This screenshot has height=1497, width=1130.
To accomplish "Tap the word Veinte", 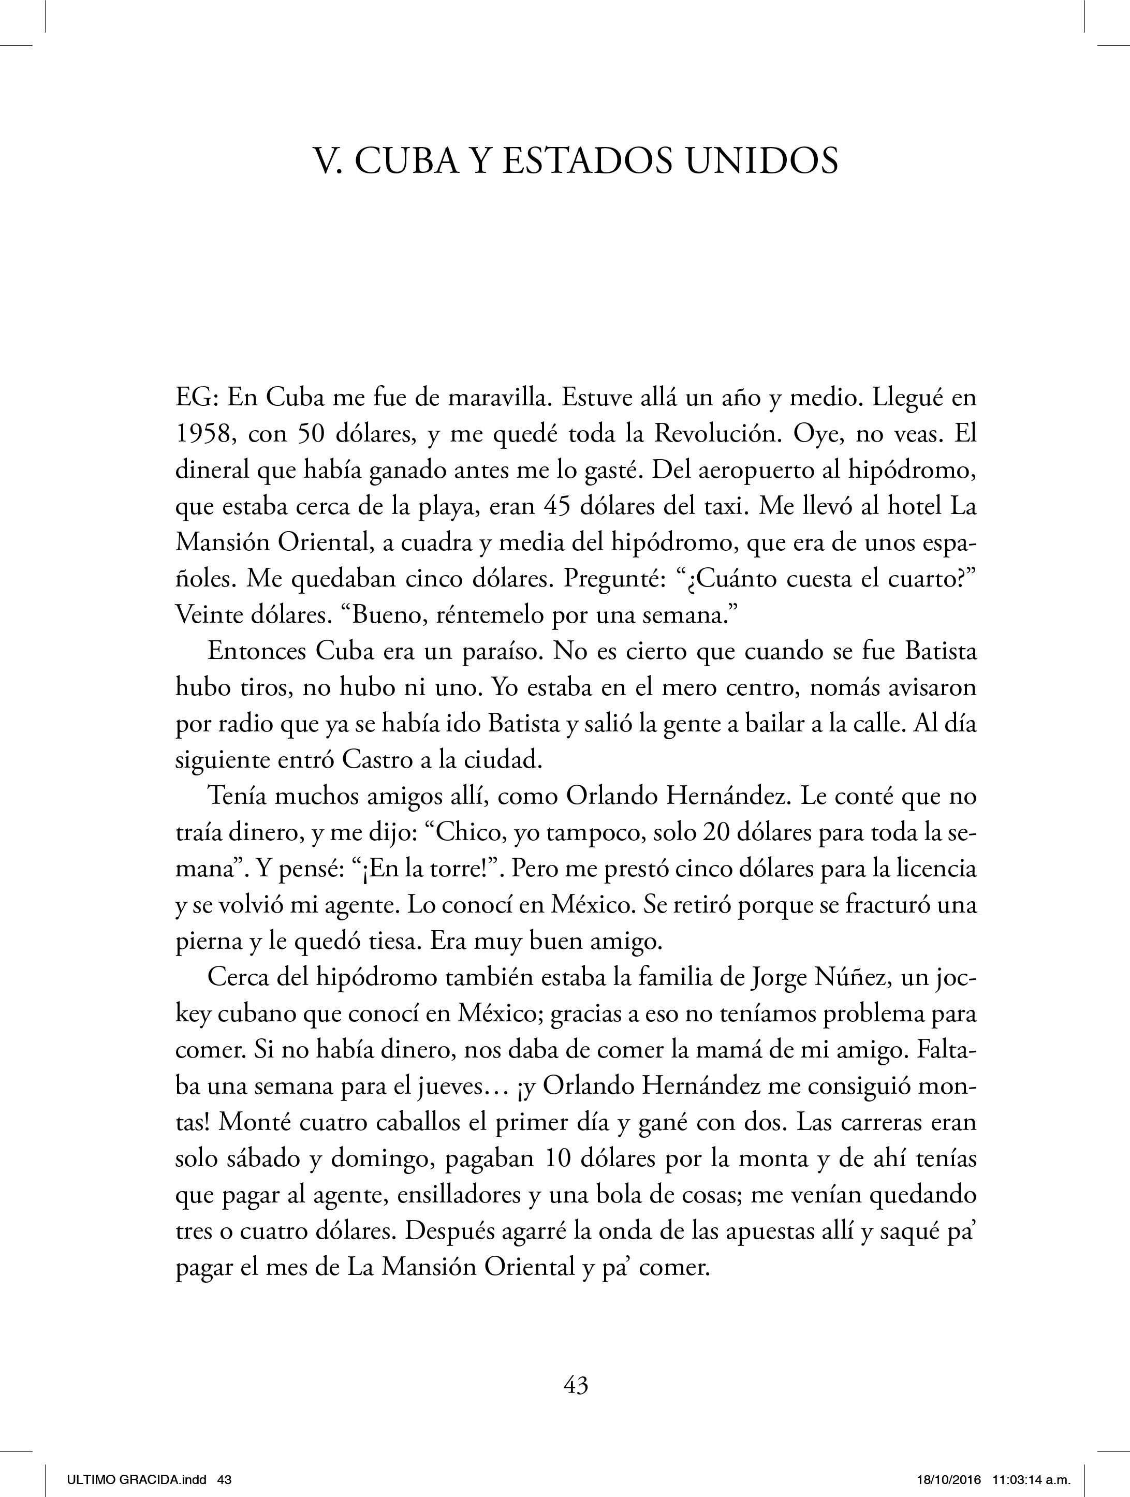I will pyautogui.click(x=213, y=615).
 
